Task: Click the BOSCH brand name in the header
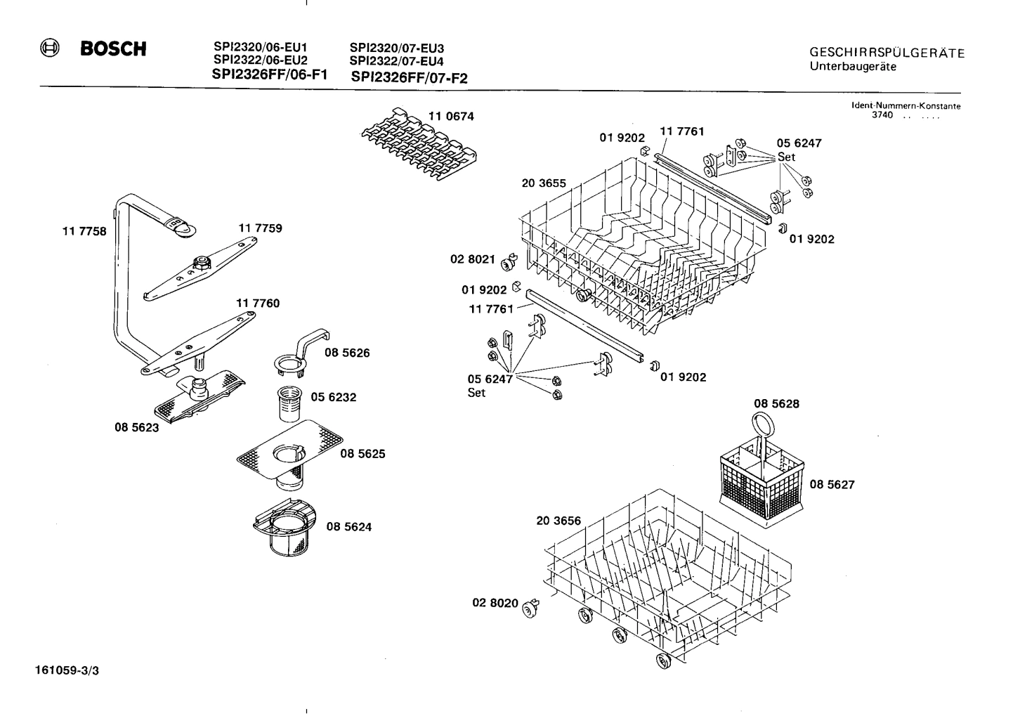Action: point(113,49)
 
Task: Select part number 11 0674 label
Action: point(451,117)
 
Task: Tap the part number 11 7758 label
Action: point(84,231)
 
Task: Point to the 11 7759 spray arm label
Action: point(260,228)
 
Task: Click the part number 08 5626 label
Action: point(347,353)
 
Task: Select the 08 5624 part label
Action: point(348,526)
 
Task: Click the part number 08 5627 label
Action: point(832,484)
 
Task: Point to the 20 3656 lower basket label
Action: point(558,521)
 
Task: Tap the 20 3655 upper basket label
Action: point(544,183)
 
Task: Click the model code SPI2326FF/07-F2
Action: point(409,78)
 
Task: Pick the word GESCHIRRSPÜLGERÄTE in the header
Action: point(887,53)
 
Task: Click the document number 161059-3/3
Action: point(67,670)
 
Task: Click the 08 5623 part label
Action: point(136,427)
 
